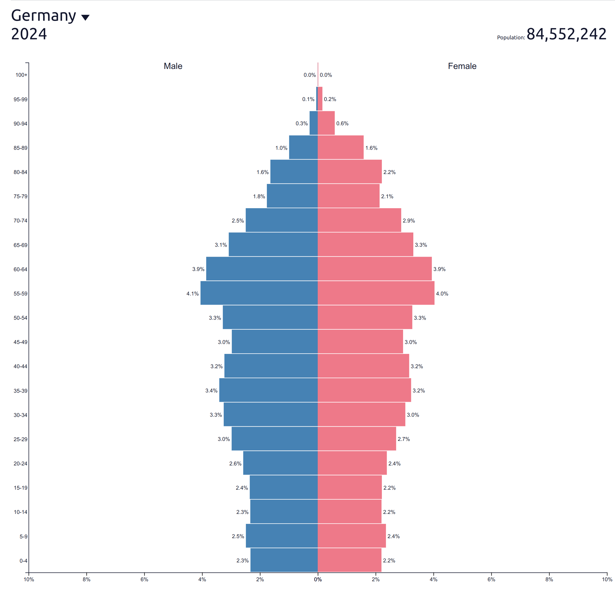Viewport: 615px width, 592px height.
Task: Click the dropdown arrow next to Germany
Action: pyautogui.click(x=85, y=17)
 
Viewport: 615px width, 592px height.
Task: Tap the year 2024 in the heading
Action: pyautogui.click(x=29, y=34)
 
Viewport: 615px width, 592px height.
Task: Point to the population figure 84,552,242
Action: pyautogui.click(x=566, y=34)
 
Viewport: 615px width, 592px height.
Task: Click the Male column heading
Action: pyautogui.click(x=173, y=66)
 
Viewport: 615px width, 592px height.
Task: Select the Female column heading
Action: pyautogui.click(x=462, y=66)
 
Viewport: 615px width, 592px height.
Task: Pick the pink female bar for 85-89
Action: pyautogui.click(x=340, y=147)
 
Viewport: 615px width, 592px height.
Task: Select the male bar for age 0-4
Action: pyautogui.click(x=284, y=560)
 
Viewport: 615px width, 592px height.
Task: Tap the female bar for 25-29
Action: pyautogui.click(x=357, y=438)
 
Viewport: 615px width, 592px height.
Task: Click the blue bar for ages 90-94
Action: pyautogui.click(x=313, y=123)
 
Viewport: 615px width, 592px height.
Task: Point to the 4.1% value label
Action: pyautogui.click(x=192, y=294)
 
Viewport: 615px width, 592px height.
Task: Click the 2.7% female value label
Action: pyautogui.click(x=404, y=439)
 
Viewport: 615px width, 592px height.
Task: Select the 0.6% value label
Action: pyautogui.click(x=342, y=123)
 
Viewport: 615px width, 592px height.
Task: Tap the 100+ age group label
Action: pyautogui.click(x=21, y=75)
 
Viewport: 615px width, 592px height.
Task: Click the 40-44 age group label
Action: pyautogui.click(x=20, y=366)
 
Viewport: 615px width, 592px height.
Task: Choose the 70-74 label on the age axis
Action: pyautogui.click(x=20, y=221)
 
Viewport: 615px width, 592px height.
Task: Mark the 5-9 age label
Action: pyautogui.click(x=23, y=537)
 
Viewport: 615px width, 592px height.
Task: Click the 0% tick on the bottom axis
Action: pyautogui.click(x=317, y=579)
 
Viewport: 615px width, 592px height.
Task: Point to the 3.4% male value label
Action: pyautogui.click(x=211, y=391)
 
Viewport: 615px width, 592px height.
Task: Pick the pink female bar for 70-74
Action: pyautogui.click(x=359, y=220)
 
